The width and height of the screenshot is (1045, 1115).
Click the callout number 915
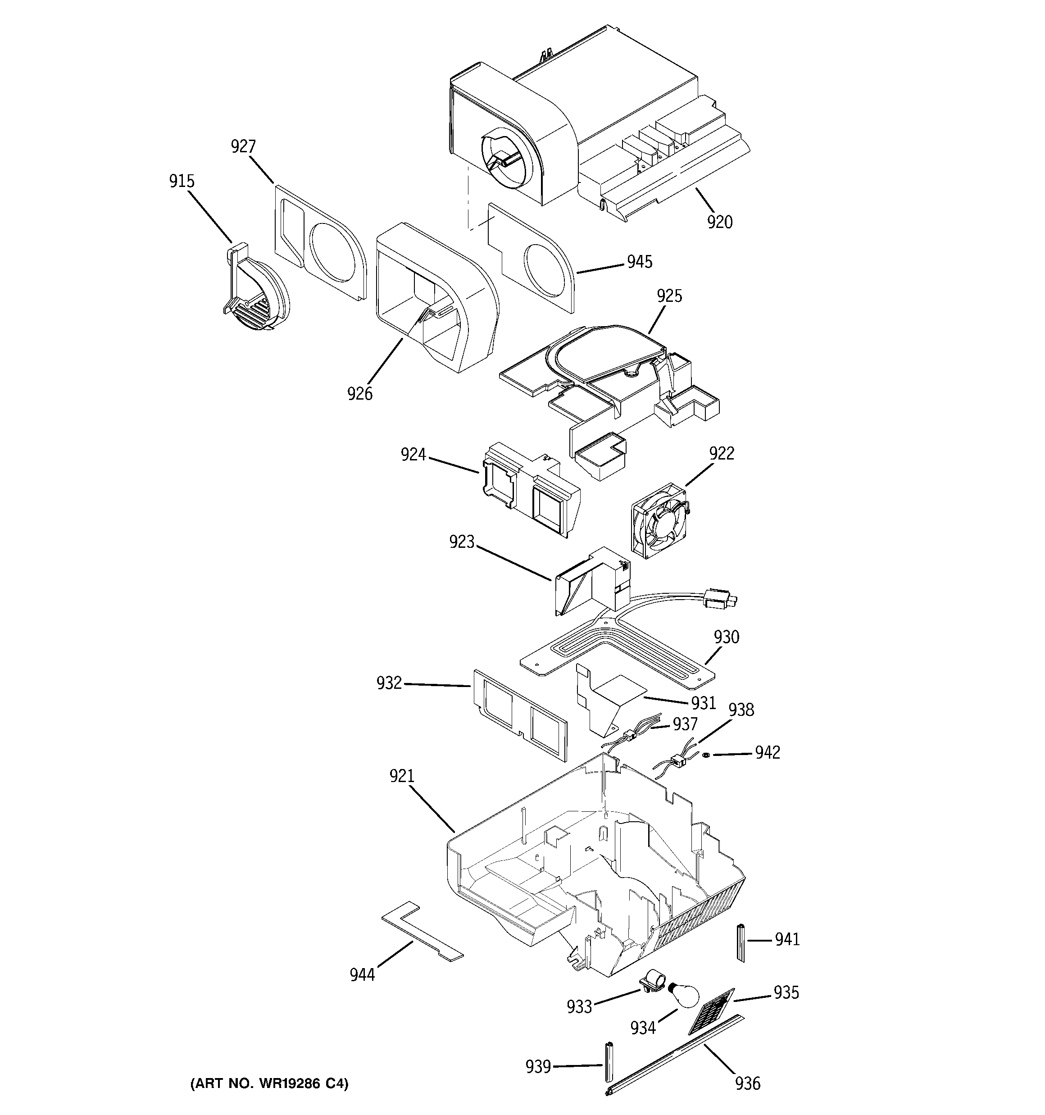(182, 181)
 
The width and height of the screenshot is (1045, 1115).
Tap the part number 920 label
(720, 223)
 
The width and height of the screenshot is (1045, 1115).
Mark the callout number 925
(669, 296)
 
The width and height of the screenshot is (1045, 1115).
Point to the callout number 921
(402, 776)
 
